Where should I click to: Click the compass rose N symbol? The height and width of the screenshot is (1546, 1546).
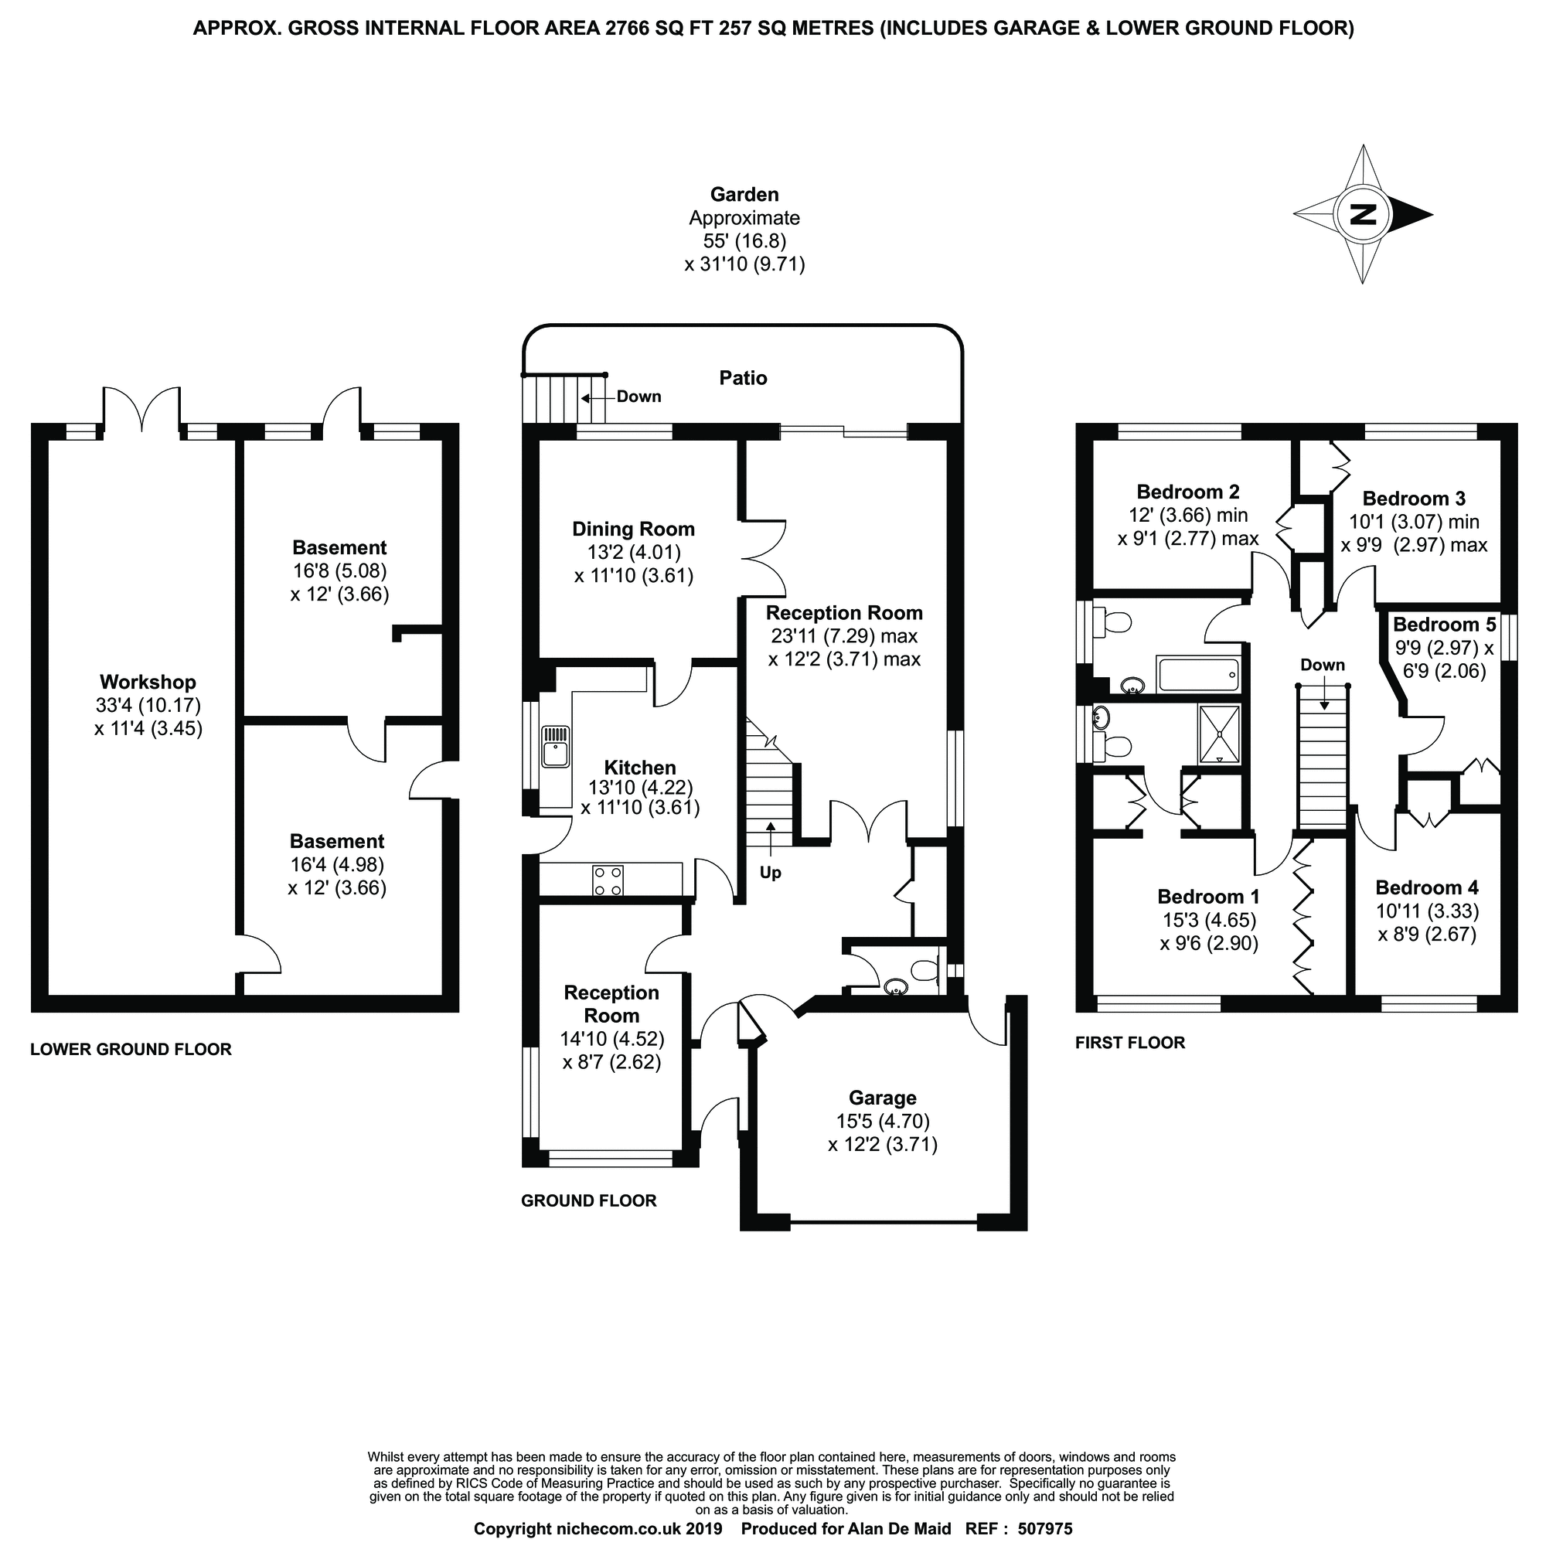1363,214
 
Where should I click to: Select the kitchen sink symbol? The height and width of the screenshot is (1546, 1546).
554,745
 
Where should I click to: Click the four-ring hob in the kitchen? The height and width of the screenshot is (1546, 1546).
608,880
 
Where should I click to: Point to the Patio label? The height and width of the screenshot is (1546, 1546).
743,378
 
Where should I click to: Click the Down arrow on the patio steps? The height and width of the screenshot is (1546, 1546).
596,397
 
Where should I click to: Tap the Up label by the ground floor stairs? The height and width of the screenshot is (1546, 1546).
770,872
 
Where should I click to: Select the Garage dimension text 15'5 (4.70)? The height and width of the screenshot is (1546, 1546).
883,1121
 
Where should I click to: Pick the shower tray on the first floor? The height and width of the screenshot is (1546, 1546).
1219,732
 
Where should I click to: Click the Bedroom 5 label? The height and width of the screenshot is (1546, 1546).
1443,624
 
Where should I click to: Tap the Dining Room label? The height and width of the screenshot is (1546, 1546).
633,529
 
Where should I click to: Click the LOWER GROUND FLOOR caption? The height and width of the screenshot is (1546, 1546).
131,1049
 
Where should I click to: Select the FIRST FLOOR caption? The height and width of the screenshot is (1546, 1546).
1129,1043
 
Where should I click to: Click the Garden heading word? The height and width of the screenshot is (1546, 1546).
744,195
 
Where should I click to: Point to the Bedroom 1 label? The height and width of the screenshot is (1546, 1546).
1208,895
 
